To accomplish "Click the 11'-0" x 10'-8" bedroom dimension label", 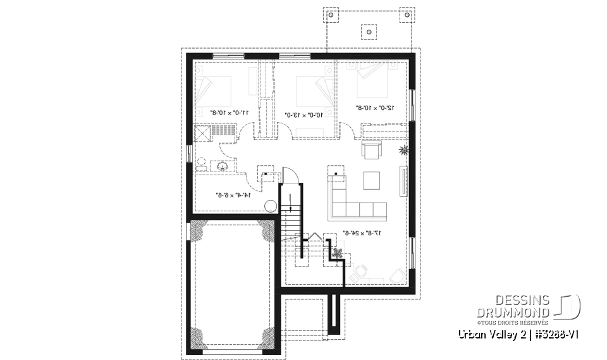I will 228,113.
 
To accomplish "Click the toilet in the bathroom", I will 200,165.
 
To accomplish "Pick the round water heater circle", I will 270,206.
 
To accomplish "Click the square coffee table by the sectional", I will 371,181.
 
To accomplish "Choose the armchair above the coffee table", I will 371,151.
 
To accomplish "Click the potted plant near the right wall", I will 403,150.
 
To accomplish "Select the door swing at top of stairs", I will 288,174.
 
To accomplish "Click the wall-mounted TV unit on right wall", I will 402,180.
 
